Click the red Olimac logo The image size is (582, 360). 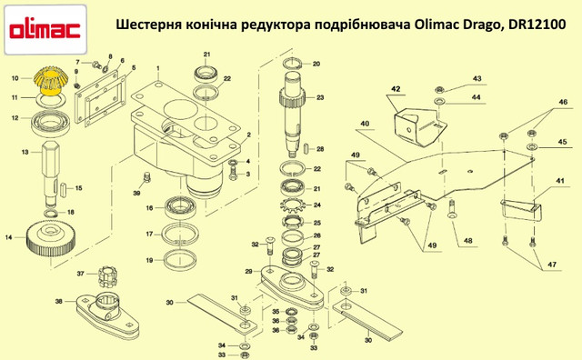click(45, 30)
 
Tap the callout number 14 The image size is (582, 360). click(8, 236)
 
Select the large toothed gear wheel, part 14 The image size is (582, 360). click(51, 240)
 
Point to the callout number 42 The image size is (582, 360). click(396, 89)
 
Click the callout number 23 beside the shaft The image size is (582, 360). click(320, 97)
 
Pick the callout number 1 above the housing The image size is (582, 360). click(157, 69)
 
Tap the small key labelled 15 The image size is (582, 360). click(64, 187)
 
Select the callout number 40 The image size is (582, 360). click(365, 124)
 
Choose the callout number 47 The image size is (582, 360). click(552, 265)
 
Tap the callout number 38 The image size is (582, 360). click(58, 301)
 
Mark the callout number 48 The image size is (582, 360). click(467, 241)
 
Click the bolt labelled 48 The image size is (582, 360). click(452, 209)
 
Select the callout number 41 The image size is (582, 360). click(560, 181)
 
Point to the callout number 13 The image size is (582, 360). click(25, 152)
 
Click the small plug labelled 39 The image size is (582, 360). click(146, 177)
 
